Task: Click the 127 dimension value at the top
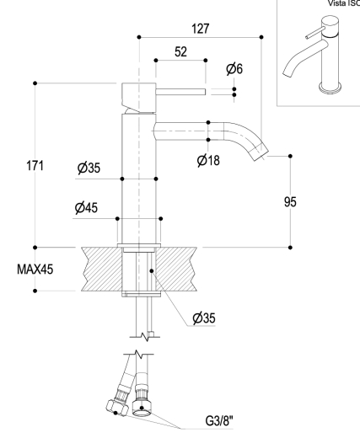[201, 29]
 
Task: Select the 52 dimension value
[180, 52]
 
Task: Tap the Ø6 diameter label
[234, 69]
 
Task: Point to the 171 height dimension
[35, 165]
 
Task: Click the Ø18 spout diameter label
[208, 160]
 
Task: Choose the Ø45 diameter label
[86, 208]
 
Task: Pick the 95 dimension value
[290, 202]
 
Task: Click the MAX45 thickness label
[35, 270]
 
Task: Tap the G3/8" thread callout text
[219, 421]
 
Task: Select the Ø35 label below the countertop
[204, 318]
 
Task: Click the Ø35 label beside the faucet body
[89, 168]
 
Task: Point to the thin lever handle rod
[180, 92]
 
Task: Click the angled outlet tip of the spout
[261, 154]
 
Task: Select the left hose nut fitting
[117, 407]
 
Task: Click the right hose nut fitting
[142, 408]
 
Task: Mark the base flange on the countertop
[139, 245]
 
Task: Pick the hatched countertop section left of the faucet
[102, 270]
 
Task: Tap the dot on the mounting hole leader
[152, 270]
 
